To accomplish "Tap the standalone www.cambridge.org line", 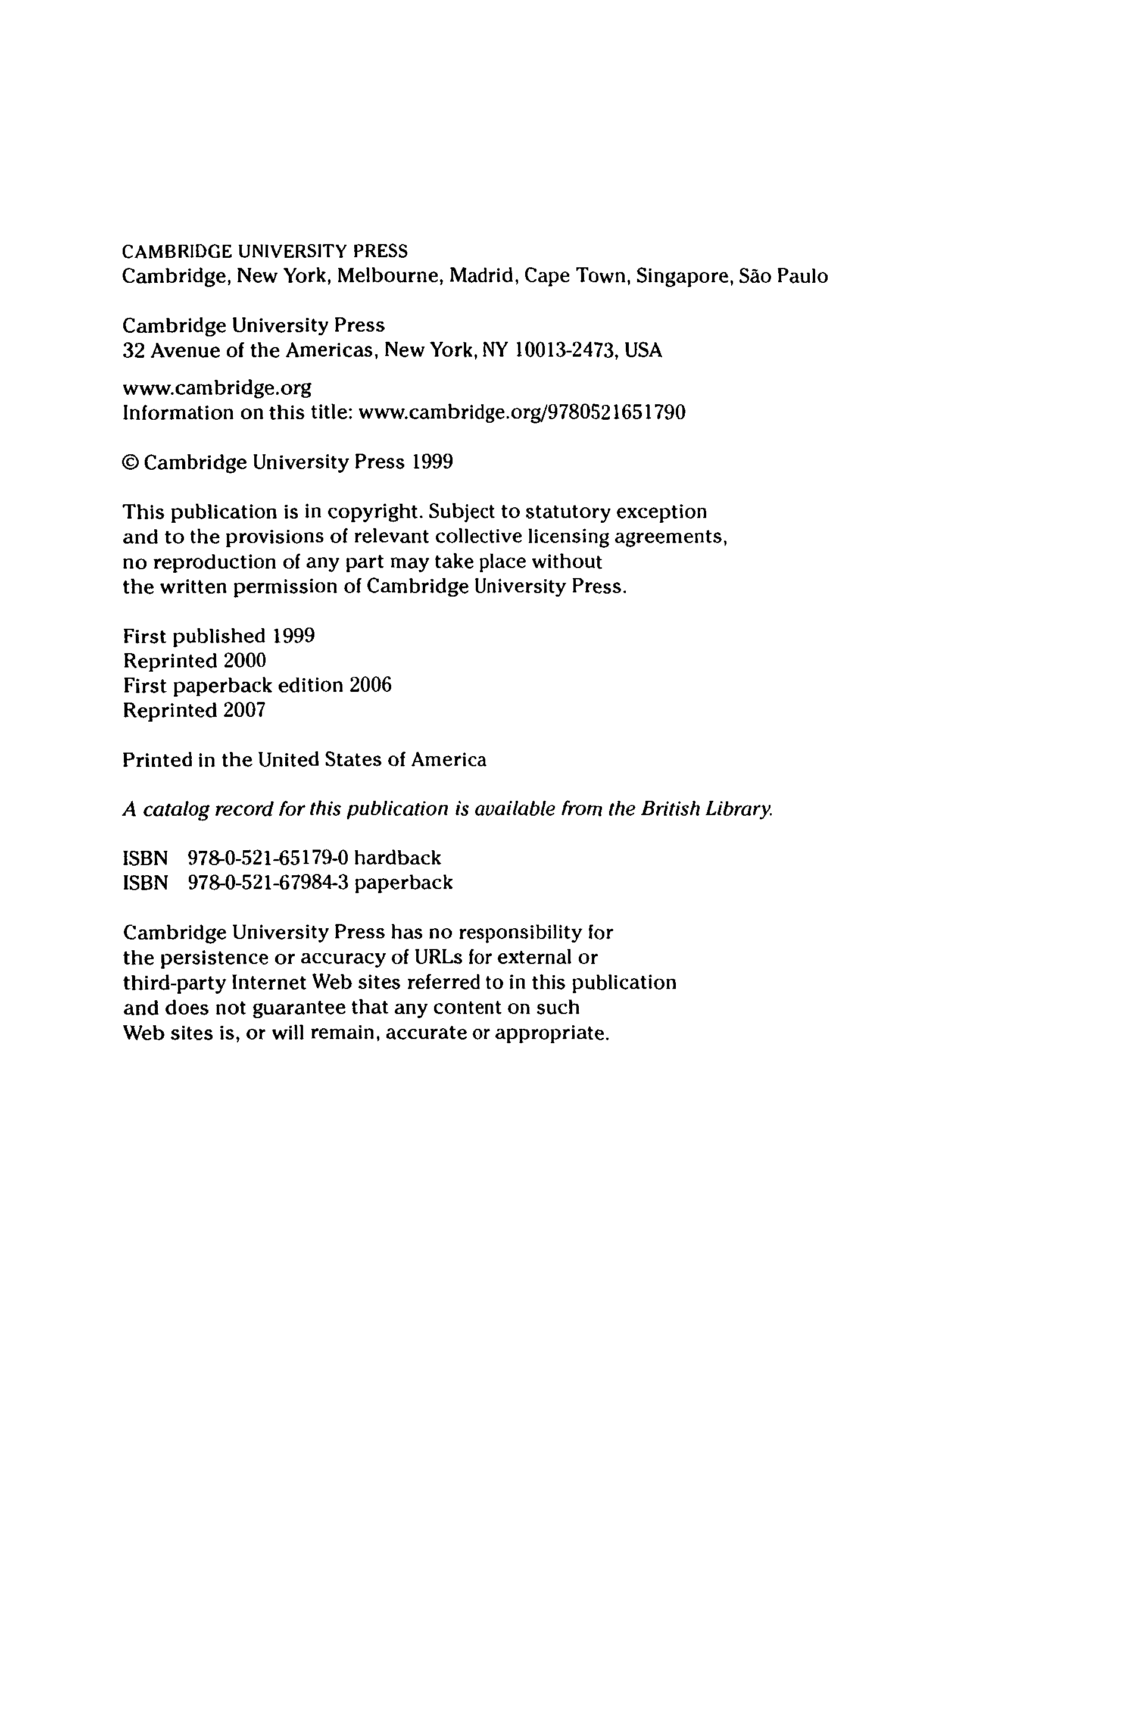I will [217, 388].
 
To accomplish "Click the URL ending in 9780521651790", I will [522, 413].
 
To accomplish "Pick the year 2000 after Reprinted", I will [245, 661].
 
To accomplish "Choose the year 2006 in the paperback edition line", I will [370, 685].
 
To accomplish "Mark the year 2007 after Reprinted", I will [245, 710].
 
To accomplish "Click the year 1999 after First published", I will [294, 636].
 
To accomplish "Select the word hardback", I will [397, 858].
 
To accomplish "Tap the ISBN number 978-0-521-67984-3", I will [269, 883].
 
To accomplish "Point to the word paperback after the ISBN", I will [404, 883].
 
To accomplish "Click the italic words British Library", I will [706, 809].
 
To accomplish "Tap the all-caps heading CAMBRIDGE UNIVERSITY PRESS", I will [265, 252].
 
